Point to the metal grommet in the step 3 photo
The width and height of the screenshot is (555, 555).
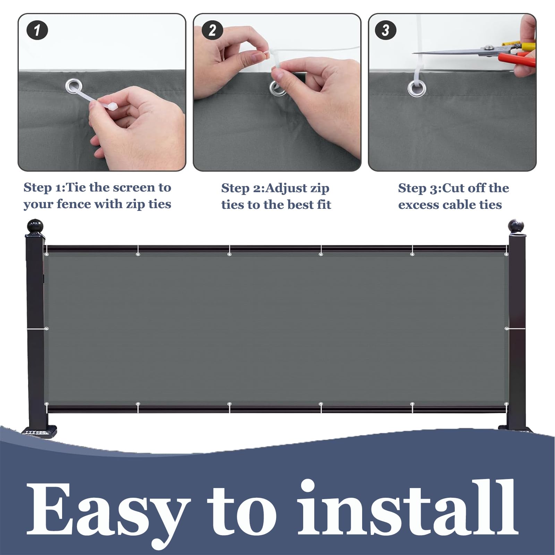(415, 88)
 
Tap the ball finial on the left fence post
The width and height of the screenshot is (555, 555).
(35, 226)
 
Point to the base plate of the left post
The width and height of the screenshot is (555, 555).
(39, 431)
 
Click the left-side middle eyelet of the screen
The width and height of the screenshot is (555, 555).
(46, 328)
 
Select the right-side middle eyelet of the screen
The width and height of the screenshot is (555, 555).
(507, 328)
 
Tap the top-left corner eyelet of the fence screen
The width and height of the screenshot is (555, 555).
(47, 255)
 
